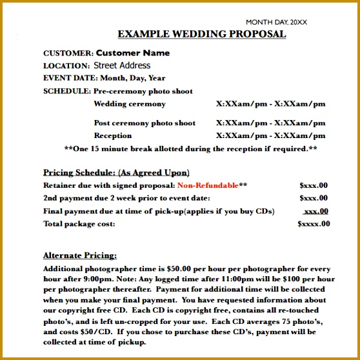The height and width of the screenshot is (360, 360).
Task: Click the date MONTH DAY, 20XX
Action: [x=276, y=22]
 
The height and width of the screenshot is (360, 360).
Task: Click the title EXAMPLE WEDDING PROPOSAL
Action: [x=202, y=34]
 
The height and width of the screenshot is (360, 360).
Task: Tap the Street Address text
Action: [x=122, y=65]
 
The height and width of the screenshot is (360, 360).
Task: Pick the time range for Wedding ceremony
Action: [x=270, y=104]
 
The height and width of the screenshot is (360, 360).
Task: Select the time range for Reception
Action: [x=270, y=135]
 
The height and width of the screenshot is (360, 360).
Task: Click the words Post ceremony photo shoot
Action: [x=145, y=123]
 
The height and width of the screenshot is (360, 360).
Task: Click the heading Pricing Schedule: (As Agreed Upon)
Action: [x=116, y=172]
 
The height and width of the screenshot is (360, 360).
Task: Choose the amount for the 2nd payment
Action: [x=314, y=198]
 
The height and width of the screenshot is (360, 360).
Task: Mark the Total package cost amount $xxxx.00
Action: [x=314, y=224]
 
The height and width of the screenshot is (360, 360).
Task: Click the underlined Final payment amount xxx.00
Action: [x=315, y=211]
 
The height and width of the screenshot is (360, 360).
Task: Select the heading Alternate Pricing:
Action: [x=80, y=255]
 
